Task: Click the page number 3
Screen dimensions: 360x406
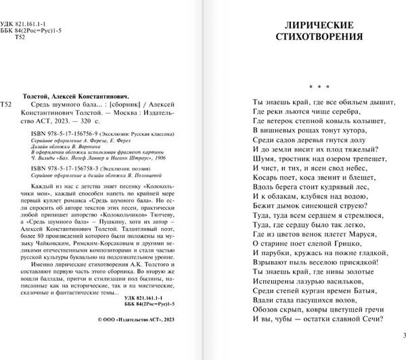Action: (403, 336)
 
